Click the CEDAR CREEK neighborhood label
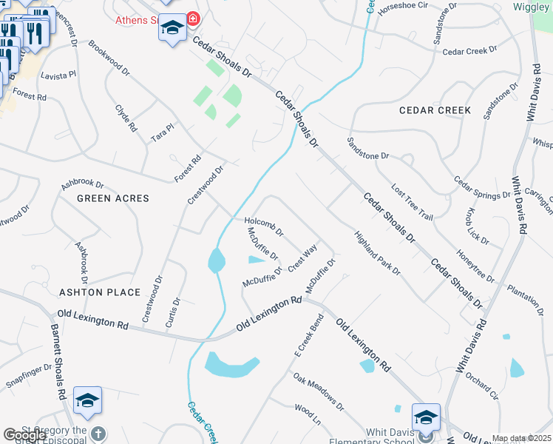pyautogui.click(x=435, y=110)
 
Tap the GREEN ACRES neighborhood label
pyautogui.click(x=113, y=198)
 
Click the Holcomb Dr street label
pyautogui.click(x=264, y=226)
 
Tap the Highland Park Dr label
pyautogui.click(x=376, y=254)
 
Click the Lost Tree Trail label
pyautogui.click(x=412, y=202)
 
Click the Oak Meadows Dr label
pyautogui.click(x=319, y=391)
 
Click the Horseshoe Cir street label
pyautogui.click(x=403, y=5)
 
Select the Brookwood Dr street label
pyautogui.click(x=109, y=58)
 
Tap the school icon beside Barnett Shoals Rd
pyautogui.click(x=87, y=400)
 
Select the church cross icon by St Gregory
pyautogui.click(x=97, y=433)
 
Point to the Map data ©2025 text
pyautogui.click(x=520, y=438)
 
